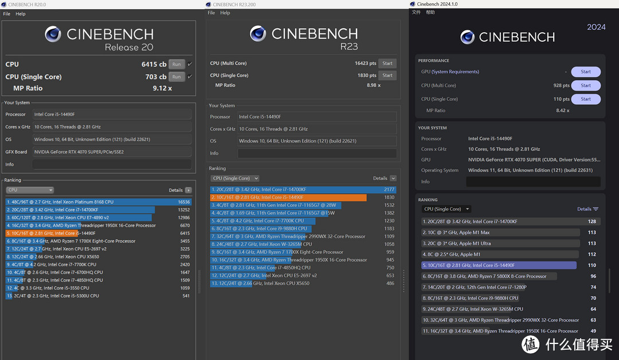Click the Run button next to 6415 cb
click(177, 64)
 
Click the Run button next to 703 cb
click(177, 77)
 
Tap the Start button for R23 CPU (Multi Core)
click(387, 63)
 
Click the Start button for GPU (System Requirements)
click(586, 72)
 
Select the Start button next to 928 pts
click(586, 85)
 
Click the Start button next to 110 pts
click(586, 99)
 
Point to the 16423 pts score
click(365, 63)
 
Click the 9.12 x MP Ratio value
click(162, 88)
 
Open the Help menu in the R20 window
click(21, 14)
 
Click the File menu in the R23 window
click(211, 13)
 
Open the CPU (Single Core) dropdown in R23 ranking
click(234, 178)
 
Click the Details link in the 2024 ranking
click(587, 209)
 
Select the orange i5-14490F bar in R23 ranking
click(288, 197)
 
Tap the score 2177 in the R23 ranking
click(389, 190)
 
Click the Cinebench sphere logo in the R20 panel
click(53, 34)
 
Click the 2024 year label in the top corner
click(596, 28)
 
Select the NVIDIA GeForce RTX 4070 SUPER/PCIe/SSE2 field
click(112, 152)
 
